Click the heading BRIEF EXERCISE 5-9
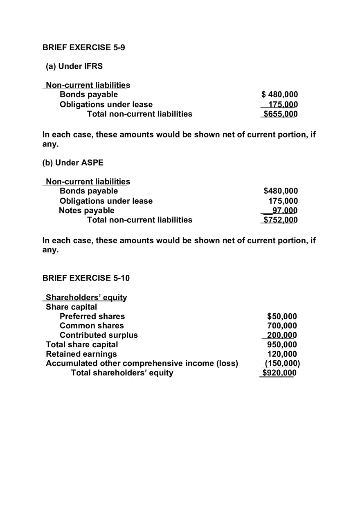(83, 47)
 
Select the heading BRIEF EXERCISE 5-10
(86, 278)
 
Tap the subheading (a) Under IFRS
(74, 66)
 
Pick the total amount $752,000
(280, 220)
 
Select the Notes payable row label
(87, 211)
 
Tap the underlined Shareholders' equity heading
(86, 297)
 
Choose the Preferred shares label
(92, 317)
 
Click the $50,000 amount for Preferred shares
(282, 317)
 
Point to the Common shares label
(92, 326)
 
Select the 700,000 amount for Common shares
(282, 326)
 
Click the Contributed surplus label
(99, 335)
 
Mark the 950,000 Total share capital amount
(282, 345)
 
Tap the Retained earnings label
(81, 354)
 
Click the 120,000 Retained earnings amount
(282, 354)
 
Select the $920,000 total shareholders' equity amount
(279, 373)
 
